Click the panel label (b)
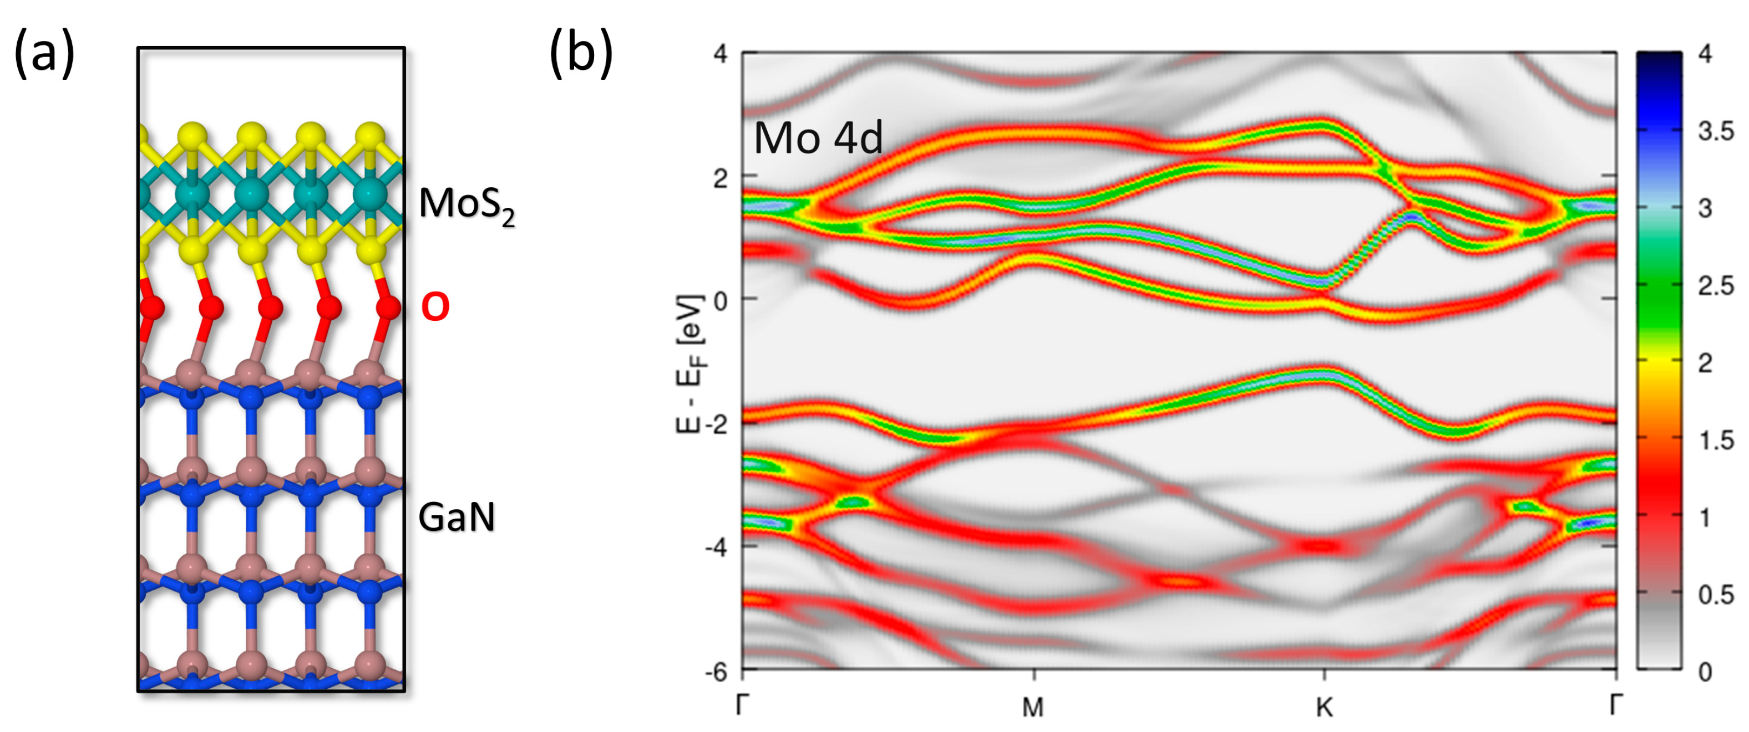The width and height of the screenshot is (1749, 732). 581,54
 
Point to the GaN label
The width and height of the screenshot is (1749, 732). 457,518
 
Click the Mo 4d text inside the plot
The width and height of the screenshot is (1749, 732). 818,139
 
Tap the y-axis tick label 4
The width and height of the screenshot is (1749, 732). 719,53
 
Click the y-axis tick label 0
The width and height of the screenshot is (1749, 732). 719,299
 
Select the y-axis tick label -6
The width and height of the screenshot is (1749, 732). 714,672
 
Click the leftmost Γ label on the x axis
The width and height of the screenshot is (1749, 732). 743,705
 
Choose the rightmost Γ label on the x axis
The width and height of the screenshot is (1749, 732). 1616,705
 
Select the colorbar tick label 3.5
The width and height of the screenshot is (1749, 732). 1716,131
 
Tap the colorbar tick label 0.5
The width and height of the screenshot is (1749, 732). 1716,595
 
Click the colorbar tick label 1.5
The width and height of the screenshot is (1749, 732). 1716,441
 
